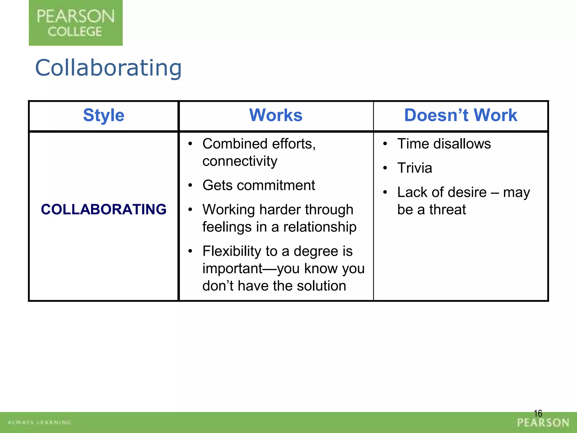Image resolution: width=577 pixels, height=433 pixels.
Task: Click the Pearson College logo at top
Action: [x=76, y=23]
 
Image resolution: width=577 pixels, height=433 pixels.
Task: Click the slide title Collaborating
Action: [x=108, y=68]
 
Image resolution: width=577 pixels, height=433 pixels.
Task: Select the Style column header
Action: [x=104, y=115]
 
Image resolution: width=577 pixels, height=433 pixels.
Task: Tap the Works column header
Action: [x=276, y=115]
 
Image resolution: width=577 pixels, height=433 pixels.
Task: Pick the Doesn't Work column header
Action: [x=461, y=115]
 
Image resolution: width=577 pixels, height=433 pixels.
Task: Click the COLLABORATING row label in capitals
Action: [x=104, y=209]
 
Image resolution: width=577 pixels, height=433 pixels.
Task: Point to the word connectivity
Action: [x=240, y=161]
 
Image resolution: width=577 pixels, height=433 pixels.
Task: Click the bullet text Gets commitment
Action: [x=259, y=185]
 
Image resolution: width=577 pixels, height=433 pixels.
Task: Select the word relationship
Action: [x=320, y=227]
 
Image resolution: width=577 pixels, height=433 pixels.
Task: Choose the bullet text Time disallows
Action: [x=444, y=144]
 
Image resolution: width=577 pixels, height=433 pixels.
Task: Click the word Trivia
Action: [x=414, y=168]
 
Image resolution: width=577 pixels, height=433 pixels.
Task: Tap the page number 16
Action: [x=538, y=414]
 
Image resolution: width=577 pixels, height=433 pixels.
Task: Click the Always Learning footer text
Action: [x=39, y=422]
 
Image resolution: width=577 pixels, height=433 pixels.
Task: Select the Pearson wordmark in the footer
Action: [x=543, y=423]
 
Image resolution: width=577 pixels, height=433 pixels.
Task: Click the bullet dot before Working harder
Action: [x=190, y=209]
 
